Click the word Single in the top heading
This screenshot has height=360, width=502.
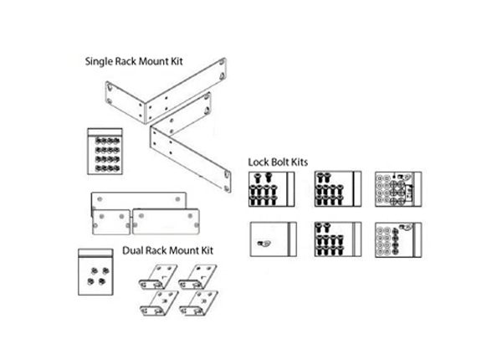click(101, 62)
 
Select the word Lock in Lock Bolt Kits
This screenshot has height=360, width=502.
click(259, 160)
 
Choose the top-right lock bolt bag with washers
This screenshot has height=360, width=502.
click(398, 188)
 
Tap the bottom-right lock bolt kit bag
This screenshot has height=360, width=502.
click(398, 239)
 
